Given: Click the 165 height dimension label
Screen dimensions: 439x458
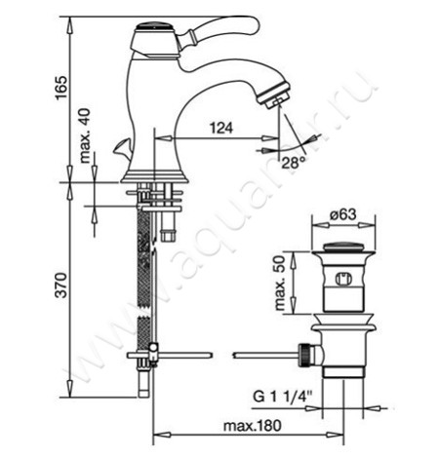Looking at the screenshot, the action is [60, 88].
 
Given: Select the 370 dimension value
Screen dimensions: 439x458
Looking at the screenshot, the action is [60, 286].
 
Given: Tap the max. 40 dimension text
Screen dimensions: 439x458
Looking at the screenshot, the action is [85, 135].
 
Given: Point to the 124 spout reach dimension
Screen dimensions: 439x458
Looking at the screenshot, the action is [221, 128].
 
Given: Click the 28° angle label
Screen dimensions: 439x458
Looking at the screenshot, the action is [294, 163].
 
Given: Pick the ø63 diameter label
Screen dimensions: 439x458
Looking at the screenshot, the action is [342, 214].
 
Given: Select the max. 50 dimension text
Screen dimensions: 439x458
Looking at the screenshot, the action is [280, 283].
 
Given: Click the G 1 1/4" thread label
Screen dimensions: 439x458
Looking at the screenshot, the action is [283, 397].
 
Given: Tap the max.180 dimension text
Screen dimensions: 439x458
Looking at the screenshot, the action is [252, 426].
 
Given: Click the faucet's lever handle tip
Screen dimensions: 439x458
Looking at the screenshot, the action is [256, 24].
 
